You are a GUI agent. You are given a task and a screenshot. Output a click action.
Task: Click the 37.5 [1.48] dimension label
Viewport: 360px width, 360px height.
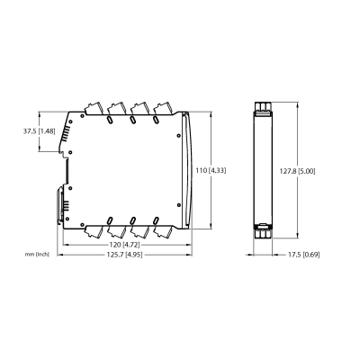pyautogui.click(x=40, y=131)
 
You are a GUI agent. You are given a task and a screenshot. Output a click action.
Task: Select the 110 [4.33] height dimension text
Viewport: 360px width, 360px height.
pyautogui.click(x=211, y=171)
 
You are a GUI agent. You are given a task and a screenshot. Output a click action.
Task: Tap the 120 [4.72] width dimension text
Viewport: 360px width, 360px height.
pyautogui.click(x=124, y=245)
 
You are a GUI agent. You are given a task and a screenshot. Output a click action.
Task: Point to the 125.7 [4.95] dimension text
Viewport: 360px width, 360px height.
pyautogui.click(x=124, y=255)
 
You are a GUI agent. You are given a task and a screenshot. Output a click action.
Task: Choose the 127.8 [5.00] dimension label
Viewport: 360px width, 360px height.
pyautogui.click(x=297, y=171)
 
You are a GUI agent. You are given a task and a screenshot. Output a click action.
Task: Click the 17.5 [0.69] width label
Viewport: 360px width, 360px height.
pyautogui.click(x=304, y=255)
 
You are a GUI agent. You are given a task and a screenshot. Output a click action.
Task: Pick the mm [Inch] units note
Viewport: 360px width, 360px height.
pyautogui.click(x=37, y=255)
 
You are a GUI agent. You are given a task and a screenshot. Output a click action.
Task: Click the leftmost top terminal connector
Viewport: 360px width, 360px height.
pyautogui.click(x=93, y=109)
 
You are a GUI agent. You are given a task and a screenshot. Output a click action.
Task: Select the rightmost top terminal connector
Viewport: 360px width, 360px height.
pyautogui.click(x=162, y=109)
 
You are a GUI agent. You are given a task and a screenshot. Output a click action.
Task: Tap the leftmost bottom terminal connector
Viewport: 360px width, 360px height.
pyautogui.click(x=93, y=231)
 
